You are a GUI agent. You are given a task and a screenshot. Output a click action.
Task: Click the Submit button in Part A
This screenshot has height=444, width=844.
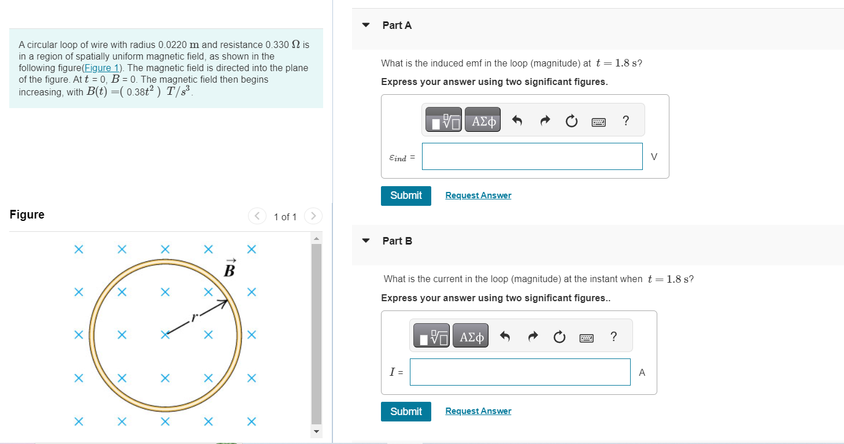pos(406,195)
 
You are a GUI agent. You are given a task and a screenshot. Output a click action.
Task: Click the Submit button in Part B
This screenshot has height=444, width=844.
pos(406,412)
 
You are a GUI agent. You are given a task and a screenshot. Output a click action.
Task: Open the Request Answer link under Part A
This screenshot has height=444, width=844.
pos(478,195)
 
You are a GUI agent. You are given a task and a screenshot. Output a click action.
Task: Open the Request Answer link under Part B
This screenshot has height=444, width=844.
pos(478,411)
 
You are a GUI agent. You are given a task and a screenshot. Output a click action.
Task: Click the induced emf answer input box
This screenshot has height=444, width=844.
pos(532,157)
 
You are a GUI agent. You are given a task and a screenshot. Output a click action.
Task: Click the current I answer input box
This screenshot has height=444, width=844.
pos(520,372)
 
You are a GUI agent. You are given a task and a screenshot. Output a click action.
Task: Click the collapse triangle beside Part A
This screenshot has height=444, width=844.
pos(365,25)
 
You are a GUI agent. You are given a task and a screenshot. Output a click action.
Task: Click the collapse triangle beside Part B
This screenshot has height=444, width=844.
pos(365,241)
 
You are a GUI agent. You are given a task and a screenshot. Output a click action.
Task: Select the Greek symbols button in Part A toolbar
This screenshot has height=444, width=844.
pos(484,121)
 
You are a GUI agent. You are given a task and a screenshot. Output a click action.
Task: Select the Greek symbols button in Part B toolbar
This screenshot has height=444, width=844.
pos(471,336)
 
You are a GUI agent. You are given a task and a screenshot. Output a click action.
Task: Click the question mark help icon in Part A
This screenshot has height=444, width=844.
pos(625,121)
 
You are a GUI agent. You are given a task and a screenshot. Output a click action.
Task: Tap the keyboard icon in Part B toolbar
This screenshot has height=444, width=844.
pos(586,337)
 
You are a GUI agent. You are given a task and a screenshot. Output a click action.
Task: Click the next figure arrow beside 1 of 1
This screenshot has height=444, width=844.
pos(313,216)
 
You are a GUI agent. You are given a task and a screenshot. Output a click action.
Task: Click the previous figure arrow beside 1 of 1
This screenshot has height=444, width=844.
pos(257,216)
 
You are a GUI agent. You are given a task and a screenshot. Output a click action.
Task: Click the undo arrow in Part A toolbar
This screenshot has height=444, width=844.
pos(517,121)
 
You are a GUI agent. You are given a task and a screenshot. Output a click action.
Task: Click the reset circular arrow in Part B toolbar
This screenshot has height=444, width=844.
pos(559,337)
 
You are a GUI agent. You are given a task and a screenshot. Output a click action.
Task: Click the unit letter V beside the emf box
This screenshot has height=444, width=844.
pos(654,157)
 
